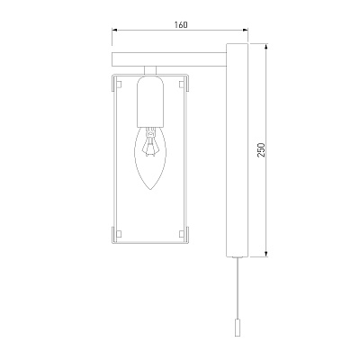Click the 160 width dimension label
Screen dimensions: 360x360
(181, 24)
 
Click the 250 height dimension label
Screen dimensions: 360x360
(261, 150)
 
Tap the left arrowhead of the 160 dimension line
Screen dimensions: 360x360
(114, 30)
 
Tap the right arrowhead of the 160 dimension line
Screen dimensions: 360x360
(246, 30)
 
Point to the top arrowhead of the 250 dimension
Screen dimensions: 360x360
(266, 47)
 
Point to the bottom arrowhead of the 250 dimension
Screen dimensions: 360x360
(266, 254)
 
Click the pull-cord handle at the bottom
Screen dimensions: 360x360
(238, 328)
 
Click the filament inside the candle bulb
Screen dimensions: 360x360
(150, 141)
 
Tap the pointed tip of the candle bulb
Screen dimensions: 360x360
(150, 190)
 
